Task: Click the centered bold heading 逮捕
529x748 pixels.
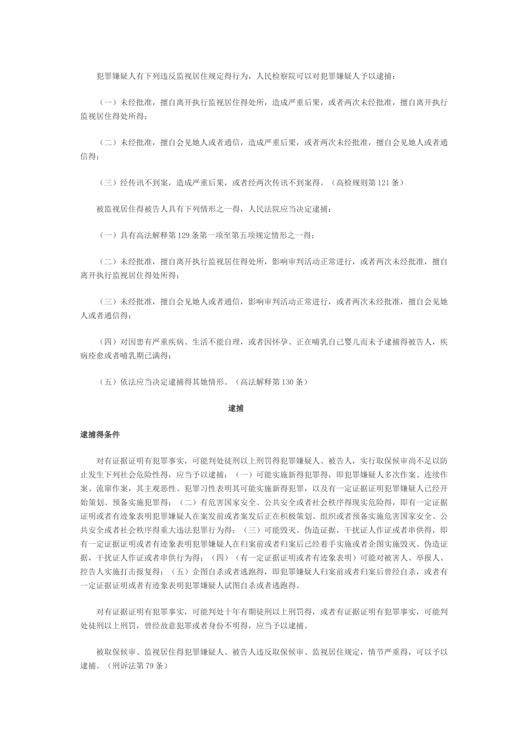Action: click(x=236, y=409)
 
